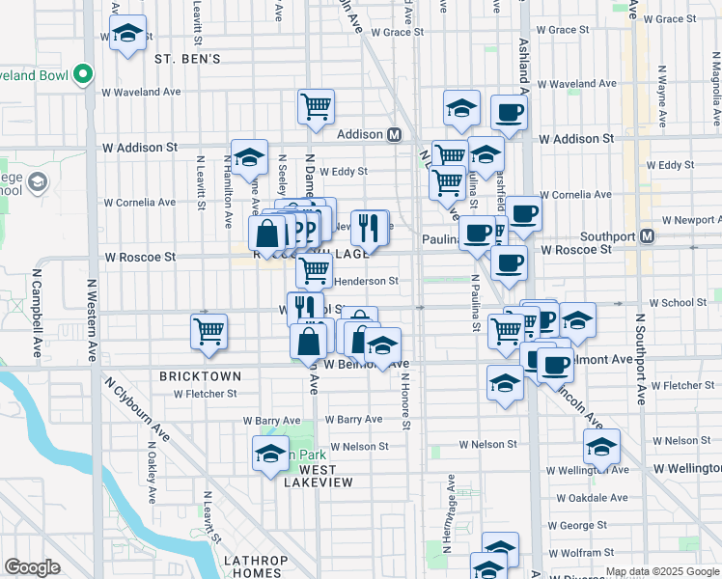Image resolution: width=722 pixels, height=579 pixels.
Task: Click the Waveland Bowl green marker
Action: click(83, 74)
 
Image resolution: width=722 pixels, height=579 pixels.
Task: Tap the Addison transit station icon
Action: click(395, 135)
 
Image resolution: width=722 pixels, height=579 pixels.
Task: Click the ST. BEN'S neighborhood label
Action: click(187, 59)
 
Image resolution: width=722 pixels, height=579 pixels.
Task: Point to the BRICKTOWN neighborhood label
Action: click(194, 374)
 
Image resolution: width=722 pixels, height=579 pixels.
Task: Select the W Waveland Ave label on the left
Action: click(142, 93)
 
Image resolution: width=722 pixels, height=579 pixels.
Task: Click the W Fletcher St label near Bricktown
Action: click(205, 394)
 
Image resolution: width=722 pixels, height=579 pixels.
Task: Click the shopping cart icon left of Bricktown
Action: click(209, 332)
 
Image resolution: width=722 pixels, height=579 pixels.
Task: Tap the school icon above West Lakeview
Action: click(270, 454)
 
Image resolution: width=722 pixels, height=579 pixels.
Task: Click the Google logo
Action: click(33, 567)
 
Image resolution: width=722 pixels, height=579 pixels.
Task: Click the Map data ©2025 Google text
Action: click(662, 571)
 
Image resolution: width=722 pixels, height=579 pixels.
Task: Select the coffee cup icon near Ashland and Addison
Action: click(509, 113)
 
